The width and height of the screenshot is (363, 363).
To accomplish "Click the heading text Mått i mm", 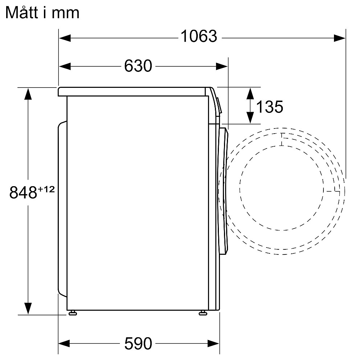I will pos(42,13).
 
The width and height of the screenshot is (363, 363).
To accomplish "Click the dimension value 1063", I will pos(199,36).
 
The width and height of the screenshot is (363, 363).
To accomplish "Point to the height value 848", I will pos(23,192).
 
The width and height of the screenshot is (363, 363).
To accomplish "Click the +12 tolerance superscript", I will pos(46,189).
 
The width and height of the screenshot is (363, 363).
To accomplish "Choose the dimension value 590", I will pos(138,343).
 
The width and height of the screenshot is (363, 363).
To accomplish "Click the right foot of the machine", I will pos(203,313).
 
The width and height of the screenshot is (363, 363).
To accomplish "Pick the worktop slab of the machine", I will pos(134,91).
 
